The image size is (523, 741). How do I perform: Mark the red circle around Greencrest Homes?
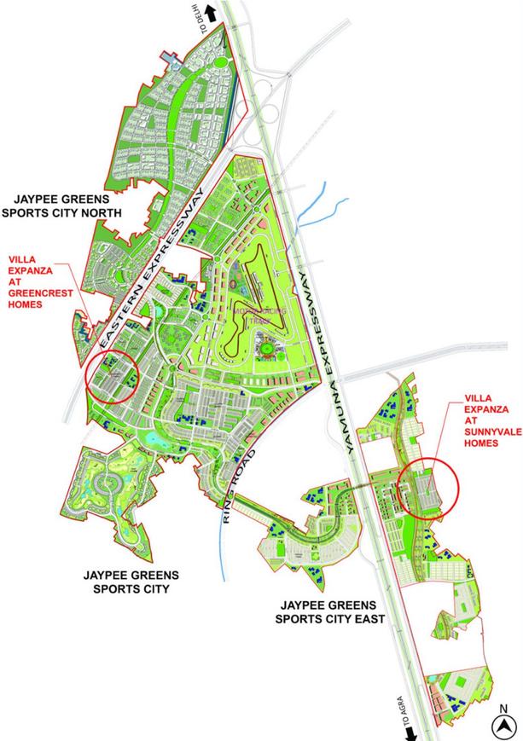click(x=113, y=376)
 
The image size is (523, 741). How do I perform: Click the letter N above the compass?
click(x=505, y=707)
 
